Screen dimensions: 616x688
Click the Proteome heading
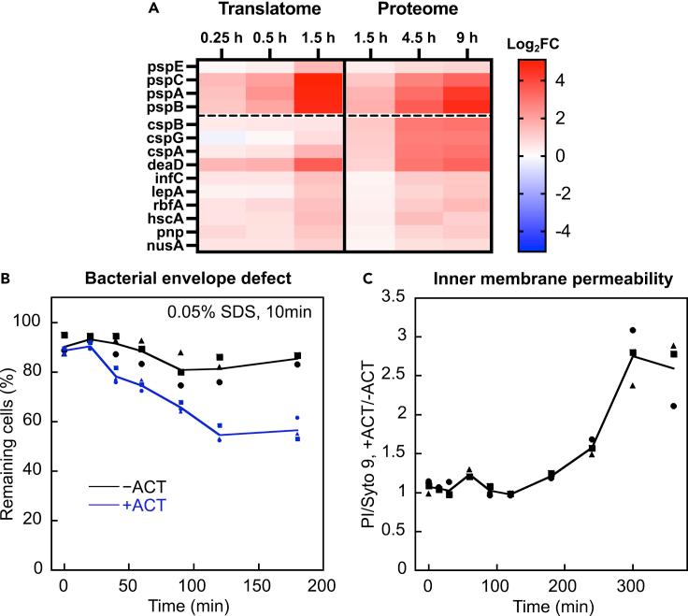pos(417,10)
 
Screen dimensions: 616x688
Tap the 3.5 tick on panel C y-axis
pos(390,297)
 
